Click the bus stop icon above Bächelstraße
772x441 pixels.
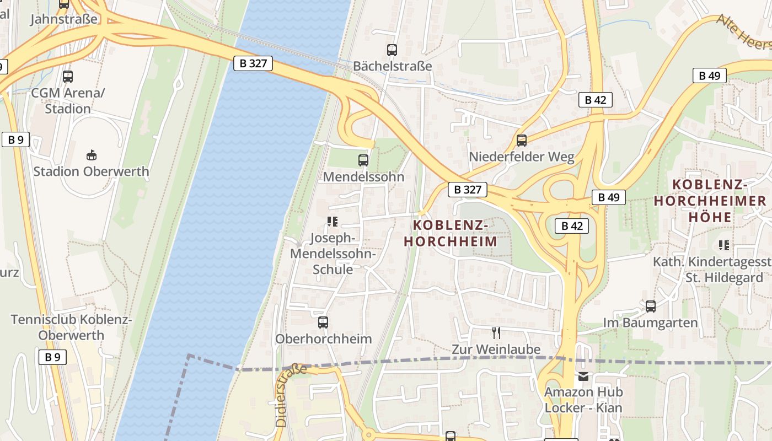pos(392,50)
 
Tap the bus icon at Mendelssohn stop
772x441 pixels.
pos(363,160)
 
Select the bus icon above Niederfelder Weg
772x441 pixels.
pos(522,141)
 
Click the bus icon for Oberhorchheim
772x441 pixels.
pos(323,322)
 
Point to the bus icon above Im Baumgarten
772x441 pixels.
pos(651,306)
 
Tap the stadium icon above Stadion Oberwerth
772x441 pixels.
pos(92,155)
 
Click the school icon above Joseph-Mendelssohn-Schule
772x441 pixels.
pos(332,222)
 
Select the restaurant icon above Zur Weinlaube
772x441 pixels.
pos(496,332)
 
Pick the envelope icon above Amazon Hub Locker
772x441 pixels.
pos(583,377)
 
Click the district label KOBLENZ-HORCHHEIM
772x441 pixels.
pos(451,233)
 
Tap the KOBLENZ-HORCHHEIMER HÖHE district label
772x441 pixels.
pos(710,201)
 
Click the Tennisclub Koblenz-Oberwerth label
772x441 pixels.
pos(71,327)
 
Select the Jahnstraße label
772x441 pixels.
pos(64,19)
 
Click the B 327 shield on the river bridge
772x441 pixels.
pos(253,63)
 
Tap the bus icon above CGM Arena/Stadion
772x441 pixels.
pos(68,77)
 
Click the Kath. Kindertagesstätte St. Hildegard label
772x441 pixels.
pos(711,270)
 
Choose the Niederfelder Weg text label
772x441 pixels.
pos(522,157)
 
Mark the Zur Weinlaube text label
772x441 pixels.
pos(496,349)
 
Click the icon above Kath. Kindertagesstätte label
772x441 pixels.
pos(723,245)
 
